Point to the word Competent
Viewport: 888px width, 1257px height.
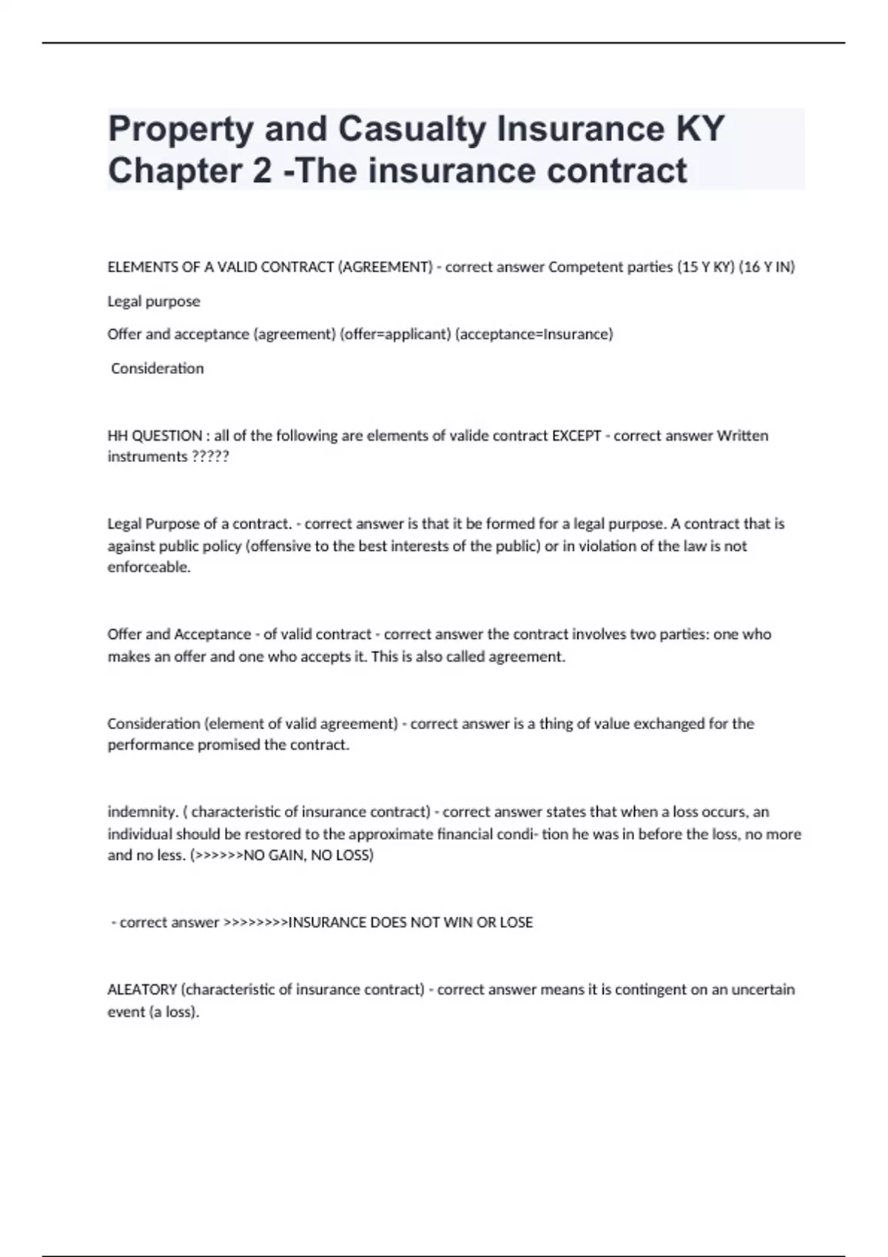tap(579, 267)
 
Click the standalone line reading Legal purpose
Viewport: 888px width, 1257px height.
tap(154, 302)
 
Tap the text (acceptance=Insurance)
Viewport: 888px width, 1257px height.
tap(534, 334)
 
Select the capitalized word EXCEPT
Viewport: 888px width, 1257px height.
tap(576, 436)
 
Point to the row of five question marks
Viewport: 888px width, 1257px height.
tap(210, 457)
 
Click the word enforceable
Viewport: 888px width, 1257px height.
tap(149, 567)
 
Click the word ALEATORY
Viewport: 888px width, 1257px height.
tap(142, 989)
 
